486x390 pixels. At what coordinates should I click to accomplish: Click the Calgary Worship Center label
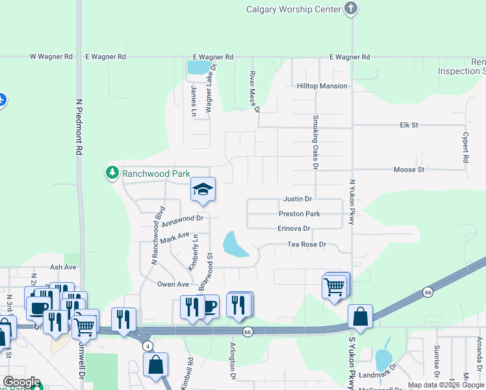(294, 9)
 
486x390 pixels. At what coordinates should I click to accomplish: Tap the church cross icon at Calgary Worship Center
(351, 8)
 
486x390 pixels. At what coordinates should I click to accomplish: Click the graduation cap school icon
(203, 189)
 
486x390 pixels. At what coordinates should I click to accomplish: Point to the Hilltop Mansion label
(322, 86)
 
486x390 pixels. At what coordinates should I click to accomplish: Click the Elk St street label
(409, 124)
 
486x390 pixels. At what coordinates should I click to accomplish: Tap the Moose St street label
(409, 170)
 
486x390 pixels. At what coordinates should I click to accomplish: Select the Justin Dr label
(298, 199)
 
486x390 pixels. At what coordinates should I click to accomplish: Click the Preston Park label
(299, 214)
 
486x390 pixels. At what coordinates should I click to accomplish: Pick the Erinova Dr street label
(294, 229)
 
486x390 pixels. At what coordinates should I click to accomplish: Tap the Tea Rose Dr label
(307, 245)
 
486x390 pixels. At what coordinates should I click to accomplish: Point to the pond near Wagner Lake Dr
(198, 67)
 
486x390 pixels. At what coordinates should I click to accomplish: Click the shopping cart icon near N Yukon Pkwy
(335, 285)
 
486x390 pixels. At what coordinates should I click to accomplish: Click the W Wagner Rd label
(51, 57)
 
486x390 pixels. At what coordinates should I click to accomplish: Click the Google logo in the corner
(21, 382)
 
